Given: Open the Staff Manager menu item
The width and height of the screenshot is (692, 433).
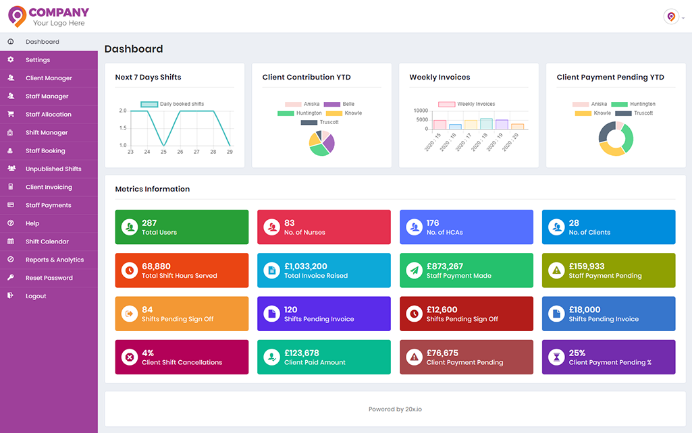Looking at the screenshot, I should coord(47,96).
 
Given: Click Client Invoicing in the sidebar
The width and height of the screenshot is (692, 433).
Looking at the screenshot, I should coord(49,187).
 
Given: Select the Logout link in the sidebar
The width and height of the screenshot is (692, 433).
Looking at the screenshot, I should coord(36,296).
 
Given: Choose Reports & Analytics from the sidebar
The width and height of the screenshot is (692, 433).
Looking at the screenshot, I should coord(55,260).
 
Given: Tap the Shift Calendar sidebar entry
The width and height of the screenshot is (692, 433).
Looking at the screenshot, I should coord(47,241).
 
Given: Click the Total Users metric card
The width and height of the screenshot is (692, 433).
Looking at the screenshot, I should coord(182,227).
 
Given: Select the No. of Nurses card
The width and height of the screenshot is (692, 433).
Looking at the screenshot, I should coord(324,227).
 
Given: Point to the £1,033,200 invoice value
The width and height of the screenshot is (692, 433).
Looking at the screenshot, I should coord(306,266).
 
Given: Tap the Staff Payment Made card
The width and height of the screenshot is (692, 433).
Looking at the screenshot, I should coord(467,270).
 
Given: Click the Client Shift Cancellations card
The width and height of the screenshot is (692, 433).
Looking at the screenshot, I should coord(182,357).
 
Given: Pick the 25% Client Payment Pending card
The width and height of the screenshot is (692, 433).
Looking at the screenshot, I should coord(608,357).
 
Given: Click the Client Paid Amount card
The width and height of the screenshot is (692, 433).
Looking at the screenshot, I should coord(324,357).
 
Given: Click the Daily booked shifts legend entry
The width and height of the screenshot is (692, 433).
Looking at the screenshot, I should coord(172,104).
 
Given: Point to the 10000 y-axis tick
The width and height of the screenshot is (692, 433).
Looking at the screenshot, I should coord(421,111).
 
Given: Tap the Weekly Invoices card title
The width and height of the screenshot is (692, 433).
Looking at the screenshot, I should coord(440,77).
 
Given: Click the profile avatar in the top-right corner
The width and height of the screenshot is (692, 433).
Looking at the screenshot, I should coord(671,17).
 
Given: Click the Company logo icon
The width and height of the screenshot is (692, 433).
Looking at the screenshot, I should coord(17,16).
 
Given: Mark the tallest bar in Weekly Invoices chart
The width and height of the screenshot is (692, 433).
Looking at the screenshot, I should coord(486,123).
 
